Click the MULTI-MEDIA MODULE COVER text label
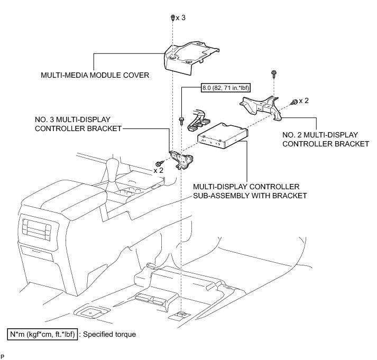(x=95, y=75)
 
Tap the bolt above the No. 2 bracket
(x=273, y=72)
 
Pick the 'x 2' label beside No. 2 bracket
(x=304, y=100)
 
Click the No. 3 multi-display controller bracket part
(x=181, y=159)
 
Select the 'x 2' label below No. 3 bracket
(x=159, y=170)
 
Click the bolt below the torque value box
(x=181, y=121)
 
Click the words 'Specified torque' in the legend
(x=112, y=334)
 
